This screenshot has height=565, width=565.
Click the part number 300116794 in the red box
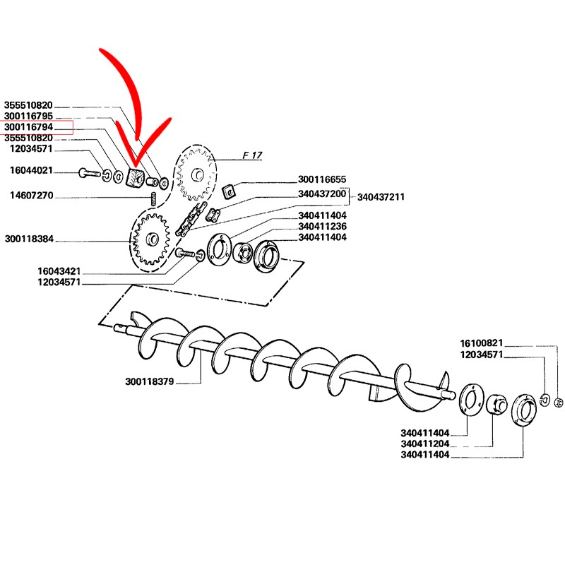pyautogui.click(x=33, y=126)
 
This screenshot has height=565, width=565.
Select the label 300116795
pyautogui.click(x=33, y=116)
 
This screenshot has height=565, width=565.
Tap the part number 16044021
pyautogui.click(x=30, y=171)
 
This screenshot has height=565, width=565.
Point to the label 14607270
pyautogui.click(x=30, y=196)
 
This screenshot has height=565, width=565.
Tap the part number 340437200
pyautogui.click(x=322, y=194)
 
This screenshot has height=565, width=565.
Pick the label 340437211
pyautogui.click(x=381, y=197)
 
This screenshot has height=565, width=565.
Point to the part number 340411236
pyautogui.click(x=322, y=226)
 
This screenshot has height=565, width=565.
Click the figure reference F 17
pyautogui.click(x=252, y=155)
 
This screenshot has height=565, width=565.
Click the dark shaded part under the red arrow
pyautogui.click(x=134, y=178)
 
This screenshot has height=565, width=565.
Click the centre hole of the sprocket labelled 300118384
pyautogui.click(x=150, y=241)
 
